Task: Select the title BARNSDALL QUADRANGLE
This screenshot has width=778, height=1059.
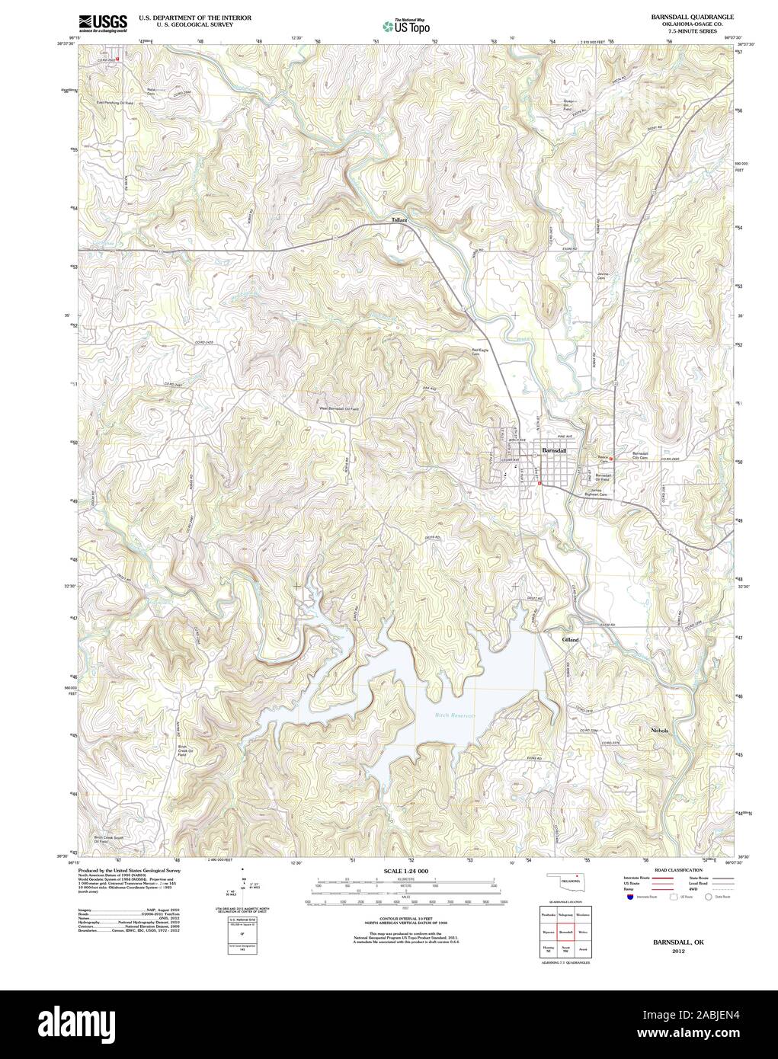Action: click(x=692, y=16)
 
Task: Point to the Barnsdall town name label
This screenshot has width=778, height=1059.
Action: click(x=553, y=451)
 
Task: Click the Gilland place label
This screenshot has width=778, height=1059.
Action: click(x=570, y=640)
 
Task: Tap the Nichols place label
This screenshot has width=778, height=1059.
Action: click(x=660, y=731)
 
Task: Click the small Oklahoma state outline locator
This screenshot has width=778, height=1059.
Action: click(x=565, y=880)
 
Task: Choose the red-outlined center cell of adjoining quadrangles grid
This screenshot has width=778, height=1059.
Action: click(x=565, y=932)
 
